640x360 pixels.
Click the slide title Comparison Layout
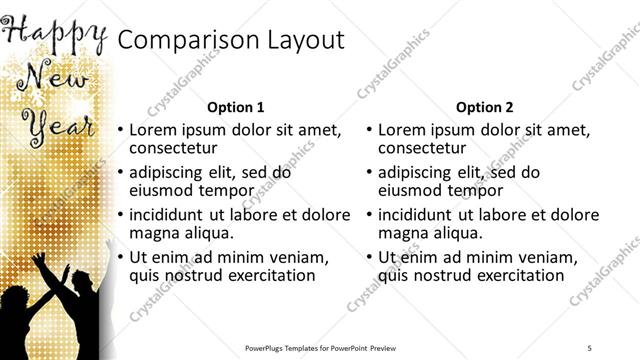pos(231,40)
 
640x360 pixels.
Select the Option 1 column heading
pos(235,106)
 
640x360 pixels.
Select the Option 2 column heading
pos(484,106)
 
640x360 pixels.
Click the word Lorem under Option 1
pos(155,130)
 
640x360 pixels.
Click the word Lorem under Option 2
pos(404,130)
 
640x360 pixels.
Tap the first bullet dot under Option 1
pos(121,131)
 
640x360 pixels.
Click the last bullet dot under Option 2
pos(370,258)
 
